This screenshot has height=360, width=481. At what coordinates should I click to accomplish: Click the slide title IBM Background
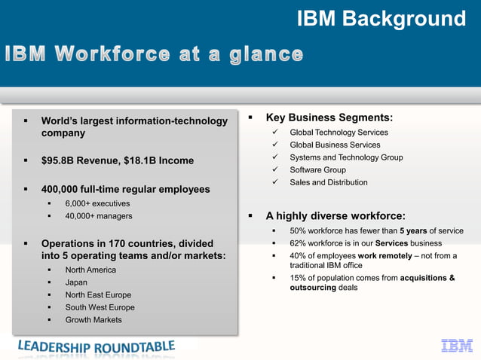point(381,18)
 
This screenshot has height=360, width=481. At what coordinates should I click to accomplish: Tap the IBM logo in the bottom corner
point(455,346)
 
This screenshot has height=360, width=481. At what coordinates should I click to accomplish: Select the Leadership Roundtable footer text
point(96,346)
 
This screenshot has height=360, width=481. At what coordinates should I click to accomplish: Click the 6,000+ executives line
point(97,203)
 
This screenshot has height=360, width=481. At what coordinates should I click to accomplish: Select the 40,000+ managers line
point(99,216)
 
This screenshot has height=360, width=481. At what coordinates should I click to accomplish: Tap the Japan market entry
point(76,282)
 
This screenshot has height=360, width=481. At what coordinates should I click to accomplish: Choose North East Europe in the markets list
point(98,295)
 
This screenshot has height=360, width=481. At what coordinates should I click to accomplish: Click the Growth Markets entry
point(93,320)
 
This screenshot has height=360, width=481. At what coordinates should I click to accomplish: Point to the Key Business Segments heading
point(329,117)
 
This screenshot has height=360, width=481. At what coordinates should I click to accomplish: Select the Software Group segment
point(317,169)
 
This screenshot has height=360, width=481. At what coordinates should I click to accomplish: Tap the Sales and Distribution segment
point(329,182)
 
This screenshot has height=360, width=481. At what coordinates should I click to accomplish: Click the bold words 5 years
point(413,231)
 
